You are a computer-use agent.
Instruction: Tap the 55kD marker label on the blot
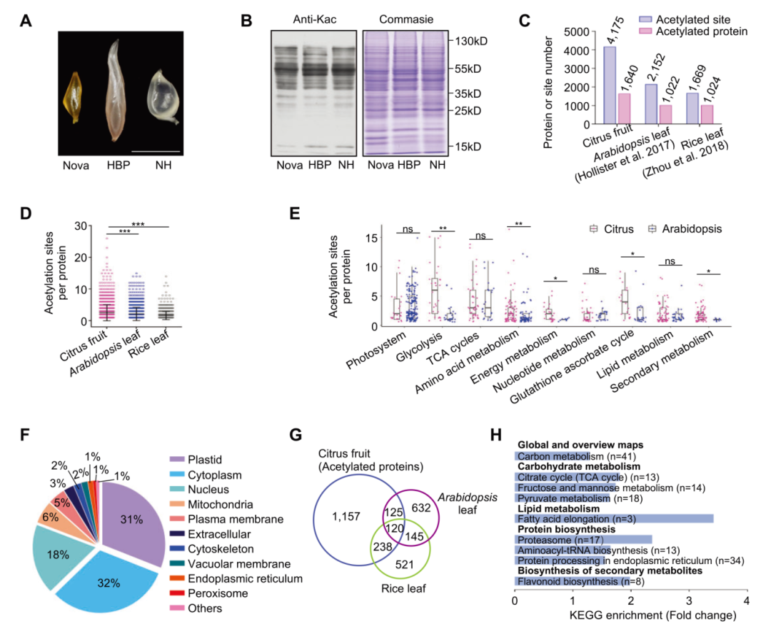(468, 69)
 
